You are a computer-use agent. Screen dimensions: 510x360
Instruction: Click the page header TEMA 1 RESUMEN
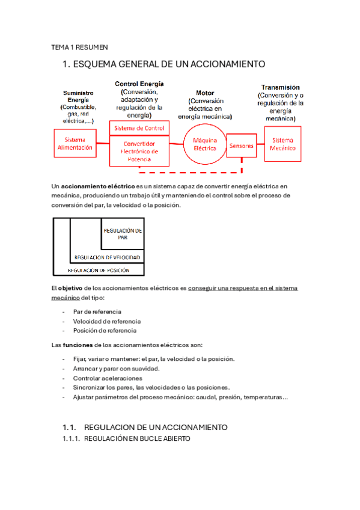point(79,46)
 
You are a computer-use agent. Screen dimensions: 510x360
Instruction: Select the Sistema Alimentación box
point(75,143)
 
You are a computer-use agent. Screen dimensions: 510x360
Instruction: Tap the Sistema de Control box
point(139,128)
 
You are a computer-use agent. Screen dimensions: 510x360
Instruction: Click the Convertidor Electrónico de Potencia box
point(139,152)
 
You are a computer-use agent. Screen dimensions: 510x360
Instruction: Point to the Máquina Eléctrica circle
point(204,144)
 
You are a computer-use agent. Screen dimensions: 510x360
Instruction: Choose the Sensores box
point(242,146)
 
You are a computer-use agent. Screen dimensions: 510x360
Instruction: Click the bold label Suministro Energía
point(79,97)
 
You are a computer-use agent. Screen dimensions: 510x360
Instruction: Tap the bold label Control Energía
point(139,84)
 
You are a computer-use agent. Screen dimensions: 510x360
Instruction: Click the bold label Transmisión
point(281,87)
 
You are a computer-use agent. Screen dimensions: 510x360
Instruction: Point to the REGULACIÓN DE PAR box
point(123,233)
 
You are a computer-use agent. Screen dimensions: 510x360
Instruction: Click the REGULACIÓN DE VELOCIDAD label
point(107,257)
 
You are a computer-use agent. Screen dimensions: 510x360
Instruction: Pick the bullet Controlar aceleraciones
point(108,378)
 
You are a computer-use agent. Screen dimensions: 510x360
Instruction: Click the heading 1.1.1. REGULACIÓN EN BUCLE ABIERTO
point(126,439)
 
